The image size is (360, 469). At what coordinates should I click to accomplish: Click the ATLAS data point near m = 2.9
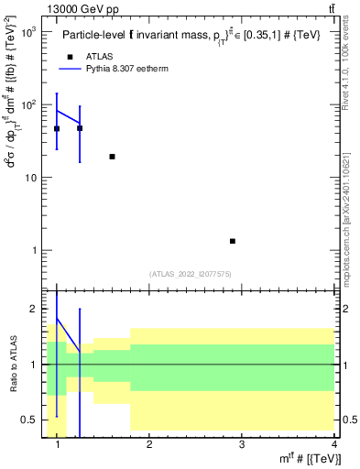tap(233, 241)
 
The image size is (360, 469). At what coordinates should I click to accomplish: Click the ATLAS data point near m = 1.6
tap(112, 157)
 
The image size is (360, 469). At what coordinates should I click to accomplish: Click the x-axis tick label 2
tap(149, 445)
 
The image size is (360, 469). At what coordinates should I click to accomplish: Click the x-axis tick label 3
tap(241, 445)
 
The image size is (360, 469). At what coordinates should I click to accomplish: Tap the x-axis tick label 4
tap(333, 445)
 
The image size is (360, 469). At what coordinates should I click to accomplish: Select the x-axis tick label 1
tap(58, 445)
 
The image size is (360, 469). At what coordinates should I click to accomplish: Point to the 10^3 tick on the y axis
tap(28, 32)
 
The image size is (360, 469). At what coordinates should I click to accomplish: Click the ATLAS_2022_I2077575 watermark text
tap(191, 273)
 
